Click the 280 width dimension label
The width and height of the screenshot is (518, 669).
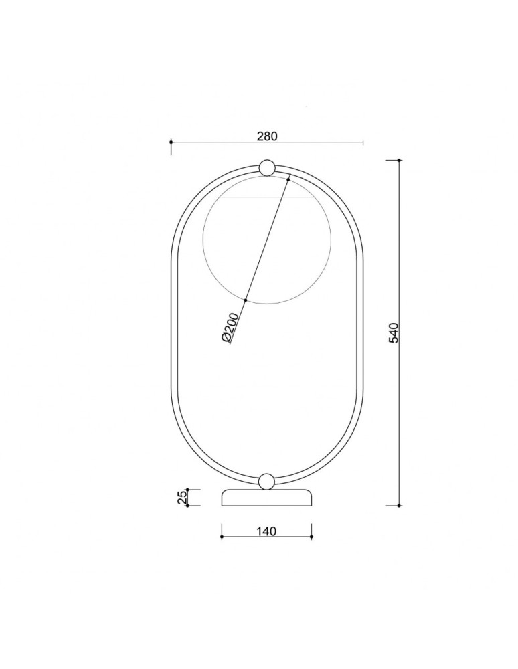click(267, 136)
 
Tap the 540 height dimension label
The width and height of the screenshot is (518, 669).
click(394, 332)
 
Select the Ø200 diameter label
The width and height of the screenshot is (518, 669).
click(230, 327)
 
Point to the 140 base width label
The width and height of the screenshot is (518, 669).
click(266, 531)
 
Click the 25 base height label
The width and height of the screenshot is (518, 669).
click(182, 498)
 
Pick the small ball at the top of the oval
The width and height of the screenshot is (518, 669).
click(266, 168)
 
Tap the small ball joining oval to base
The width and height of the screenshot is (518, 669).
click(266, 481)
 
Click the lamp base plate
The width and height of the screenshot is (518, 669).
click(266, 498)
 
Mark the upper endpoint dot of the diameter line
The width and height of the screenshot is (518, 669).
click(288, 179)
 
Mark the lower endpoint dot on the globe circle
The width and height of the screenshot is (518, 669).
click(246, 300)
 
